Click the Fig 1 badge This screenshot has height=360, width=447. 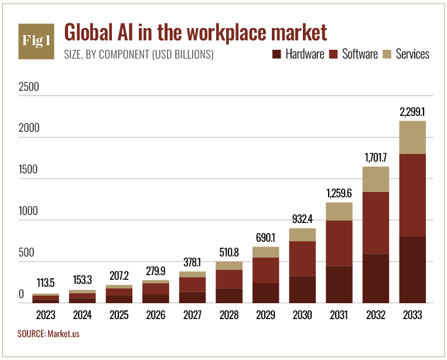pyautogui.click(x=36, y=42)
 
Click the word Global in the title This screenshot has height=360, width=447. pyautogui.click(x=88, y=32)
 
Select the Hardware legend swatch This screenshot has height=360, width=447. pyautogui.click(x=277, y=54)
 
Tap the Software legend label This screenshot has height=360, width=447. pyautogui.click(x=360, y=54)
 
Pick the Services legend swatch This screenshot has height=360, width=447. pyautogui.click(x=387, y=54)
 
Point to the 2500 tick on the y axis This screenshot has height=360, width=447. pyautogui.click(x=29, y=87)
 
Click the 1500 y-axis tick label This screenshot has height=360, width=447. pyautogui.click(x=28, y=169)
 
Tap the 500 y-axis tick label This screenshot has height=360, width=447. pyautogui.click(x=26, y=252)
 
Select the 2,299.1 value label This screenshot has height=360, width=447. pyautogui.click(x=412, y=112)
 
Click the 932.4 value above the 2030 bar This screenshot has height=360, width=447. pyautogui.click(x=302, y=219)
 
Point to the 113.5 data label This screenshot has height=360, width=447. pyautogui.click(x=46, y=283)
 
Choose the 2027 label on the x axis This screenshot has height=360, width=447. pyautogui.click(x=192, y=315)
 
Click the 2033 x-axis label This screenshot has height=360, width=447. pyautogui.click(x=412, y=315)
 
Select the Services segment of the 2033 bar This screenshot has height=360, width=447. pyautogui.click(x=412, y=138)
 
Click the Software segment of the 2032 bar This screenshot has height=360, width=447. pyautogui.click(x=376, y=222)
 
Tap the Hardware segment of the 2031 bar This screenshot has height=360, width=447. pyautogui.click(x=339, y=284)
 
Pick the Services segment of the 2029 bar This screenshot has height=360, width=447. pyautogui.click(x=266, y=252)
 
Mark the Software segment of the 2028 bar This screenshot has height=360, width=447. pyautogui.click(x=229, y=279)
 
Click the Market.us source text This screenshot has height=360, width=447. pyautogui.click(x=64, y=334)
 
